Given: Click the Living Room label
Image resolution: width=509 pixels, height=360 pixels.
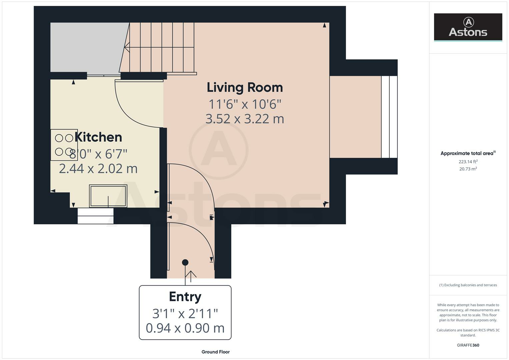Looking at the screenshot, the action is [245, 88].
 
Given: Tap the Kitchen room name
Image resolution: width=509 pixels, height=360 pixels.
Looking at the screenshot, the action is [98, 137].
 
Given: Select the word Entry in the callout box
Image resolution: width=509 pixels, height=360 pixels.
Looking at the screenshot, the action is [185, 297].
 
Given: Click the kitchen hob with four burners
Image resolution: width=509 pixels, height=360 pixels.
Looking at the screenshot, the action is [64, 145].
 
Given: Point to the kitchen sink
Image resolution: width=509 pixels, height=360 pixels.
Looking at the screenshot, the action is [108, 196].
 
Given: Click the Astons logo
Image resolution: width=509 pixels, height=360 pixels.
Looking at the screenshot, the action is [468, 27].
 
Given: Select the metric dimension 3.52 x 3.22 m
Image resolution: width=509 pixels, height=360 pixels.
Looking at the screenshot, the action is [245, 119].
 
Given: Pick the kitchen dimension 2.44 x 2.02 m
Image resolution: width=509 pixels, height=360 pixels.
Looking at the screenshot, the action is [98, 169].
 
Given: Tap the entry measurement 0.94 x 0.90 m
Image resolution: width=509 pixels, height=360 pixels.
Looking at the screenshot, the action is [185, 328].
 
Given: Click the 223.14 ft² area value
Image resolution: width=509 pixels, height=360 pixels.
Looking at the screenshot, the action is [468, 162].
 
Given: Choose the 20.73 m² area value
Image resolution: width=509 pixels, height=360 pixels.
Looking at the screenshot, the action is [468, 169].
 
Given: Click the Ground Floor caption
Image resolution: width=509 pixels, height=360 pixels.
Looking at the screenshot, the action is [216, 352].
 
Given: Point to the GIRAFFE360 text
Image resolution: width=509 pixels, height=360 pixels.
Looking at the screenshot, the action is [468, 345].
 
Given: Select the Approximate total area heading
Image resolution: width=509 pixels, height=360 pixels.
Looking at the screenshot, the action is [468, 153].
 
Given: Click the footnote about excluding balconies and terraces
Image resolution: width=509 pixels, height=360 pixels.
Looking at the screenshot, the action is [468, 285].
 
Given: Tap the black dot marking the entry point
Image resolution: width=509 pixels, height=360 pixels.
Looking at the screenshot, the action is [185, 263].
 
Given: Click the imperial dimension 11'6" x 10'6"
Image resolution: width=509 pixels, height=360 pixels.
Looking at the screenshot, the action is [245, 104].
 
